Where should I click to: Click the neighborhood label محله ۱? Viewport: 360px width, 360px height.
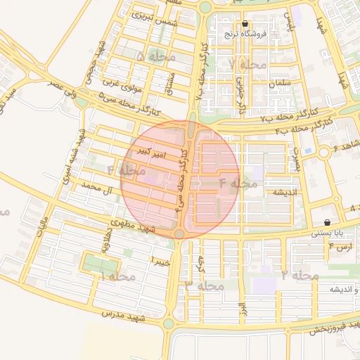(x=113, y=276)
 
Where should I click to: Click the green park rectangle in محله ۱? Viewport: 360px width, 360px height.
(x=98, y=264)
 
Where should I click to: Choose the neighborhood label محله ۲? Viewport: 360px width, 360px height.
(x=295, y=274)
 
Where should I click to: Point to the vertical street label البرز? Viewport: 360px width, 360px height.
(x=241, y=308)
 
